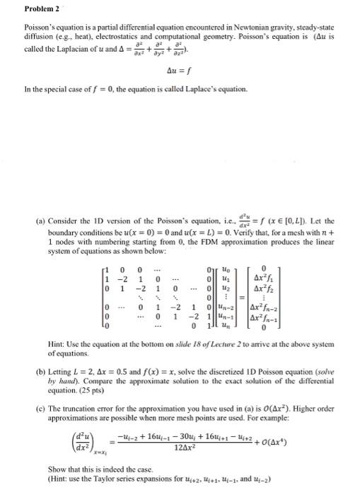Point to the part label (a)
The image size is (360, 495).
(x=21, y=182)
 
